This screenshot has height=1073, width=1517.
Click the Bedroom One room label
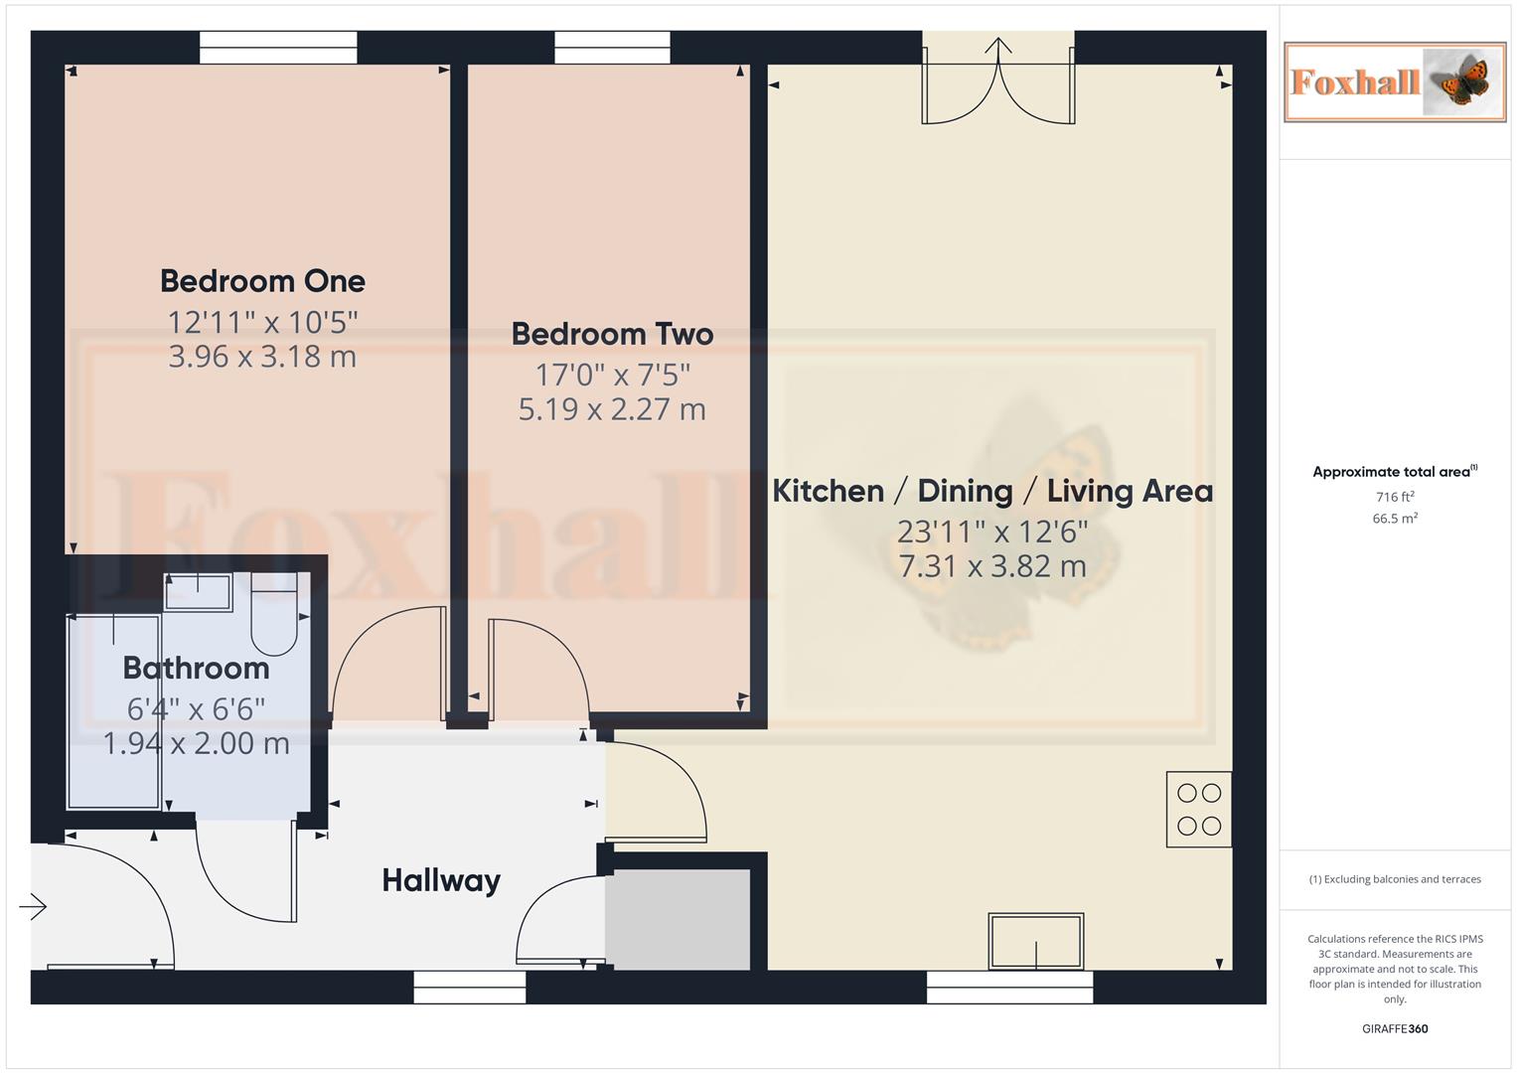pos(262,281)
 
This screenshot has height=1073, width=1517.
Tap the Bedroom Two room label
pos(612,334)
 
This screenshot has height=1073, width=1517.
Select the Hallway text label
pos(441,880)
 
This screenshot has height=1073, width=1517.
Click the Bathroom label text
pos(196,668)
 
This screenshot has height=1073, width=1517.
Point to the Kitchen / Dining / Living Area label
pos(992,491)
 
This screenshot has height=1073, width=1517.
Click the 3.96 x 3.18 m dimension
pos(262,357)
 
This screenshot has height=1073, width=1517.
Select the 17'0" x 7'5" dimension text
pos(612,375)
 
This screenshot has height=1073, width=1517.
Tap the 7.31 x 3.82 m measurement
pos(992,566)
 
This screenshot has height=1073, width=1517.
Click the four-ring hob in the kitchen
pos(1199,810)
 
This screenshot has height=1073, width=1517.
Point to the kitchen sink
pos(1035,941)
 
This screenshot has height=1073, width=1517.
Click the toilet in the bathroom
pos(274,616)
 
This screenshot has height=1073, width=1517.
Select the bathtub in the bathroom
pos(113,711)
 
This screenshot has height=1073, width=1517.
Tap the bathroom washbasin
pos(198,592)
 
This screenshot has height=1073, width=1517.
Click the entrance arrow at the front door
pos(33,906)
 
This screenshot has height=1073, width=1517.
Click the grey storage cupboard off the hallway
pos(678,920)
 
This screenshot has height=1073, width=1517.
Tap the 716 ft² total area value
pos(1395,497)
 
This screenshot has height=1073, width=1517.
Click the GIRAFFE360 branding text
pos(1395,1028)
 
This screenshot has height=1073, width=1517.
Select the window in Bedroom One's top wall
pos(278,47)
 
